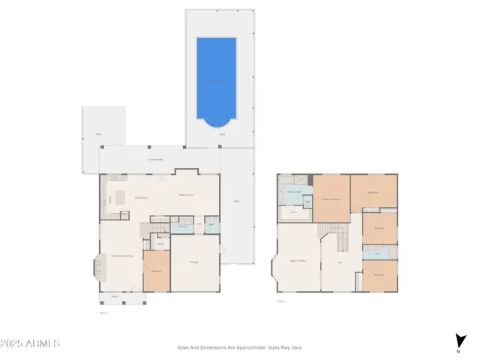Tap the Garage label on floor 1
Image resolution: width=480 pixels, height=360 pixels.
[x=193, y=262]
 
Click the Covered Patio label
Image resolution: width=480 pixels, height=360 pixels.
[x=156, y=160]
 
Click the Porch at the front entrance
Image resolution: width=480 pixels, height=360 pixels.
[x=115, y=298]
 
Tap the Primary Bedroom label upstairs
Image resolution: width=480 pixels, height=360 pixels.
[x=331, y=199]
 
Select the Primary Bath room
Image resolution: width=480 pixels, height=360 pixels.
[x=295, y=193]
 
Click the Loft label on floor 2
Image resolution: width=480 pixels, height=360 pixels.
[x=340, y=262]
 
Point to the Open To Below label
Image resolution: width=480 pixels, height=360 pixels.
[x=298, y=260]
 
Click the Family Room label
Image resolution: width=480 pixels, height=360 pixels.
[x=187, y=195]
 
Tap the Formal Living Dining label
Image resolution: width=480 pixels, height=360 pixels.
[x=122, y=256]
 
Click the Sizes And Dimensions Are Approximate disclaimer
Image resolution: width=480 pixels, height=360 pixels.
[x=239, y=347]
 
